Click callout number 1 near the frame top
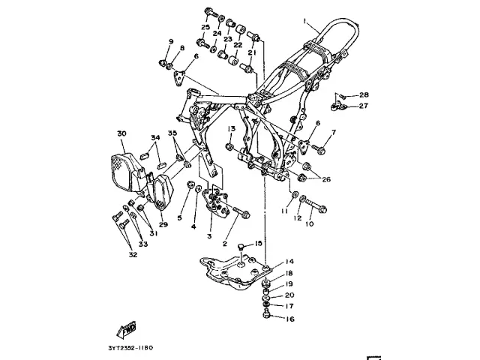pyautogui.click(x=306, y=22)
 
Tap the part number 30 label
pyautogui.click(x=121, y=133)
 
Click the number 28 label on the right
pyautogui.click(x=364, y=94)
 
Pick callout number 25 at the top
pyautogui.click(x=205, y=27)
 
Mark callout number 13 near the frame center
pyautogui.click(x=232, y=129)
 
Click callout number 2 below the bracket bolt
pyautogui.click(x=224, y=244)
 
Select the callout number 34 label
pyautogui.click(x=155, y=137)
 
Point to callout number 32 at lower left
pyautogui.click(x=133, y=254)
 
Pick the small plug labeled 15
pyautogui.click(x=242, y=245)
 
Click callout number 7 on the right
pyautogui.click(x=334, y=133)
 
